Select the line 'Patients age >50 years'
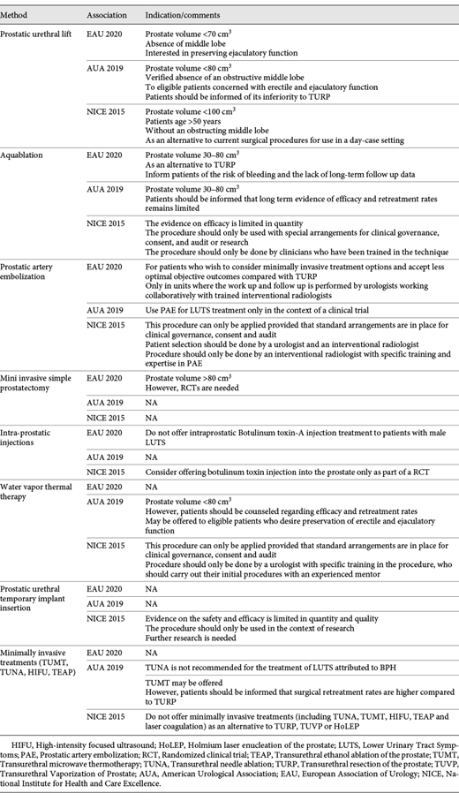pos(184,118)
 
